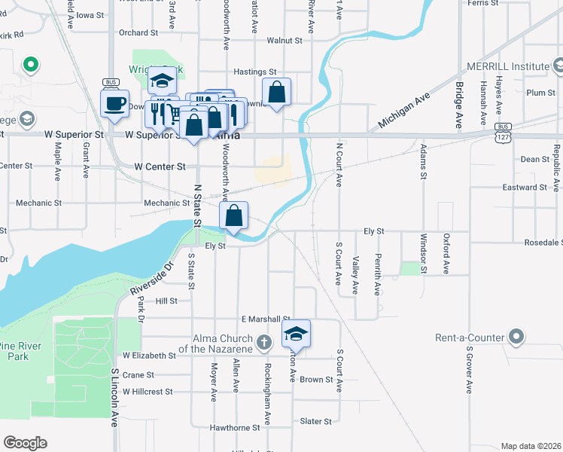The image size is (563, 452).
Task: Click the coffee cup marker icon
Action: coord(114,103)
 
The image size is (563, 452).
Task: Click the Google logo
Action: coord(25,443)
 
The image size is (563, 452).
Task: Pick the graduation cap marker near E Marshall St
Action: coord(297,334)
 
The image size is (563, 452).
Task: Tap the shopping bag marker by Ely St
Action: coord(234,215)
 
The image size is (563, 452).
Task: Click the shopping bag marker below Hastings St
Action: coord(276,92)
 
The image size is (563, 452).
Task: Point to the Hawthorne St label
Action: coord(236,427)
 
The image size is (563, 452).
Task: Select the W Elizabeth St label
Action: coord(149,355)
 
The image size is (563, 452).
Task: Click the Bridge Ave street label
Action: coord(458,106)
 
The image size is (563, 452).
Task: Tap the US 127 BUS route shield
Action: coord(504,132)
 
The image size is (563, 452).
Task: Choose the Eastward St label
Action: coord(524,187)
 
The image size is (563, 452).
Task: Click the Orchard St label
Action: coord(138,33)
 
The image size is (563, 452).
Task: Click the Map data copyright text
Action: coord(531,446)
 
